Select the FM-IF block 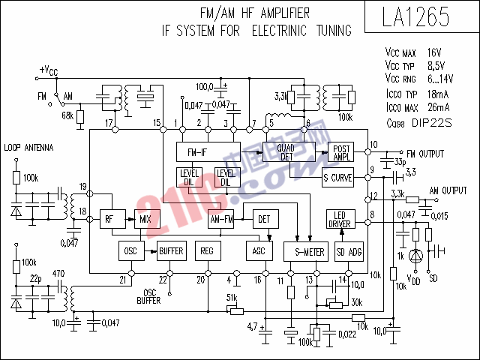pos(208,151)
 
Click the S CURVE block pos(337,178)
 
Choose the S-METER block pos(307,252)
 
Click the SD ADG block pos(349,252)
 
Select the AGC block pos(259,252)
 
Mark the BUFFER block pos(171,250)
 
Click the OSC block pos(129,250)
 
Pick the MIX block pos(144,220)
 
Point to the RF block pos(109,220)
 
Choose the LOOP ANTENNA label pos(28,148)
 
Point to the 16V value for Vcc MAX pos(434,53)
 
